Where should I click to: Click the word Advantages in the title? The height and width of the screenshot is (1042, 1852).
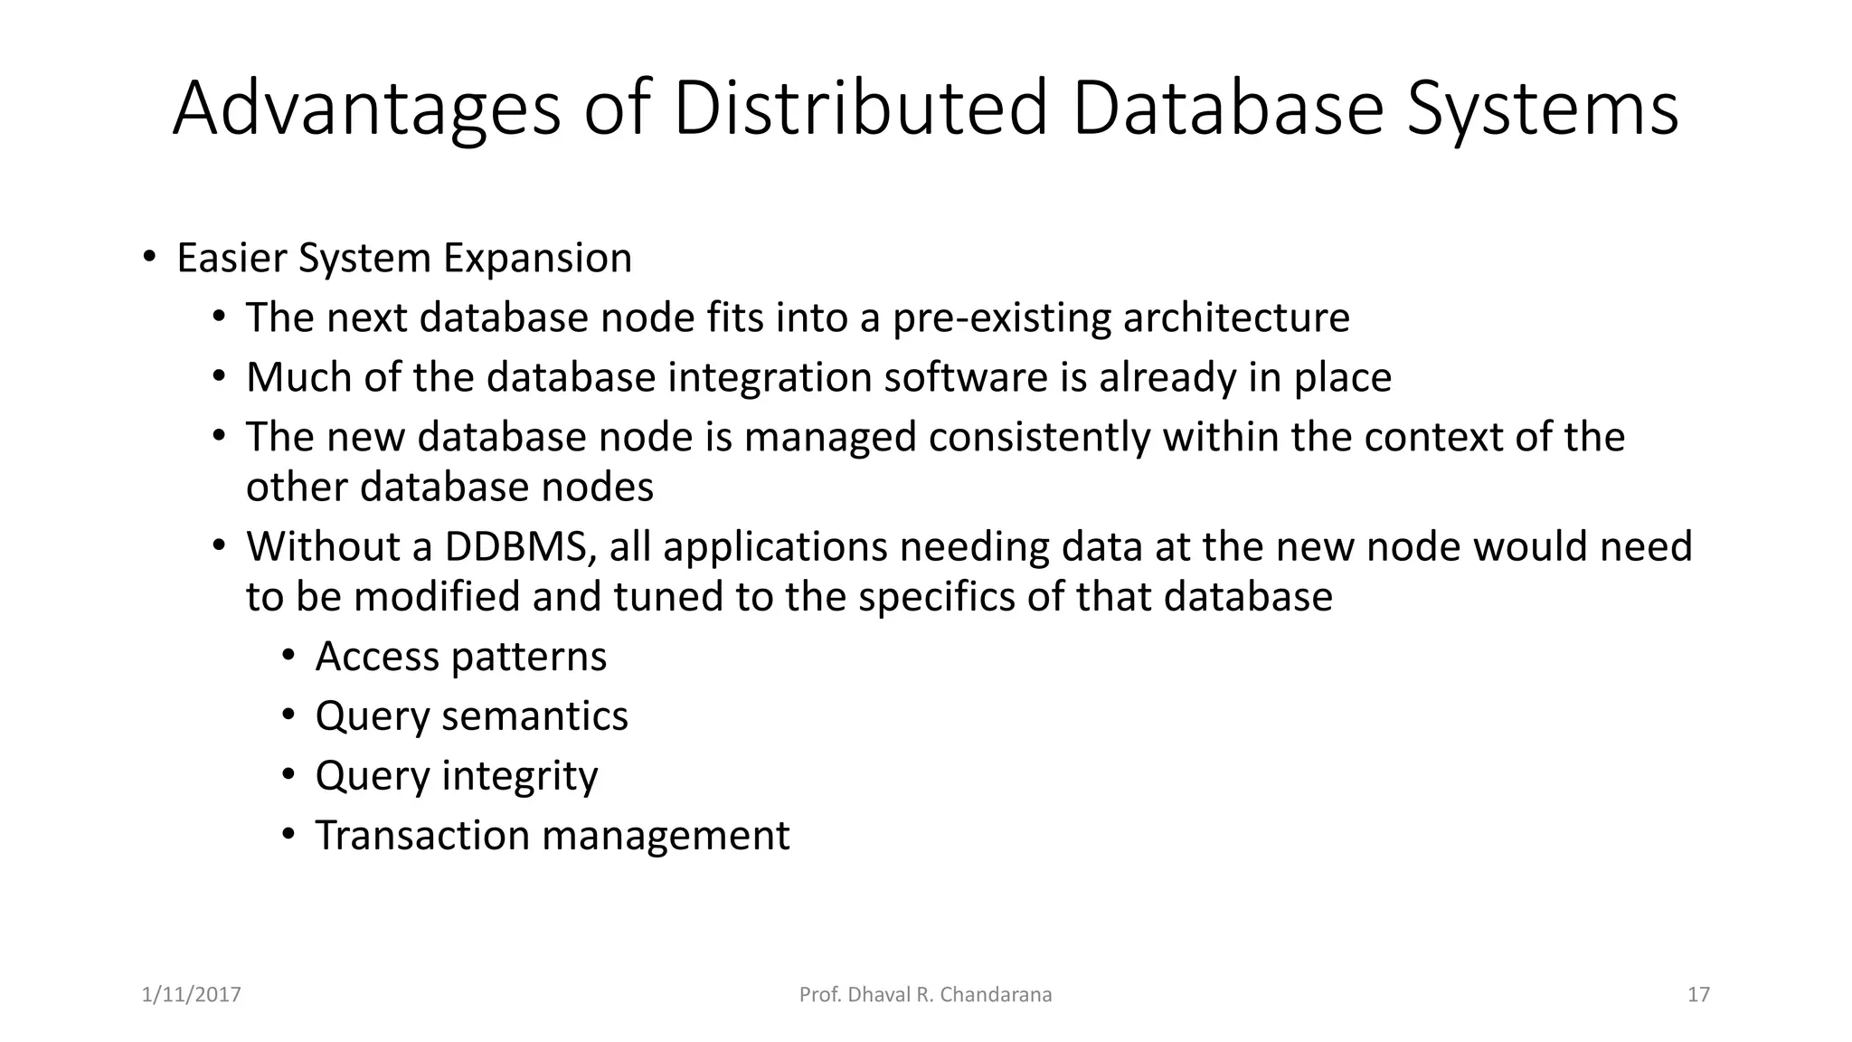click(366, 109)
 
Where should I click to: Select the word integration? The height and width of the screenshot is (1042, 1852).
click(770, 377)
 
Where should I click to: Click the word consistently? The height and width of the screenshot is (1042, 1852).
click(1039, 437)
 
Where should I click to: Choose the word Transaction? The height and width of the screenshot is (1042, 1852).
click(421, 835)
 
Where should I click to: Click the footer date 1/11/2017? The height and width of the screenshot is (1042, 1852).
click(192, 995)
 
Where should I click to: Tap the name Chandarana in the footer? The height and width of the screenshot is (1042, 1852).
click(996, 995)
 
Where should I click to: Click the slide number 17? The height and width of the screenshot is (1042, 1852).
click(1698, 995)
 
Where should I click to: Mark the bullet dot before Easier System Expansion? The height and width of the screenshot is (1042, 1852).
click(149, 256)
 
